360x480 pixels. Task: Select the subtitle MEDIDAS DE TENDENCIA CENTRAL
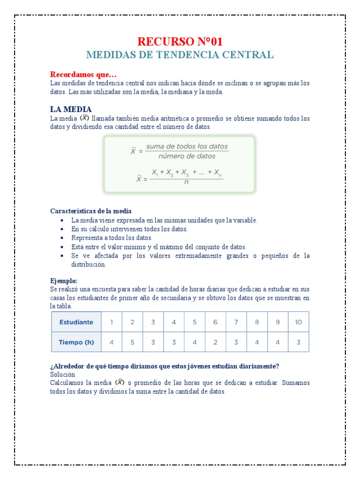180,55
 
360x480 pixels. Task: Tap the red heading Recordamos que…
83,75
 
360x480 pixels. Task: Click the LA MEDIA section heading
71,109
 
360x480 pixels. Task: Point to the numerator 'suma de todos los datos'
187,147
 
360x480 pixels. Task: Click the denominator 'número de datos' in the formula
187,156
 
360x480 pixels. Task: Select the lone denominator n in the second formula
186,182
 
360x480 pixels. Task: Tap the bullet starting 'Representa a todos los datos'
112,238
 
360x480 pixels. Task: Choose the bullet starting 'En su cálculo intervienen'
129,229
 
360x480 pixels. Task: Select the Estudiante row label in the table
76,322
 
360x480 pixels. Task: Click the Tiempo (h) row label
76,342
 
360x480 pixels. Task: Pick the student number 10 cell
298,322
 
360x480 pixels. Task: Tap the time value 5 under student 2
132,342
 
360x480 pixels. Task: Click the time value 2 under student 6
215,342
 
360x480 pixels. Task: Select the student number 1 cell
112,322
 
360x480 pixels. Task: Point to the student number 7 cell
236,322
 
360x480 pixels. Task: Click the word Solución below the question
62,375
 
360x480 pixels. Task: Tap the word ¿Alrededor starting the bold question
67,366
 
